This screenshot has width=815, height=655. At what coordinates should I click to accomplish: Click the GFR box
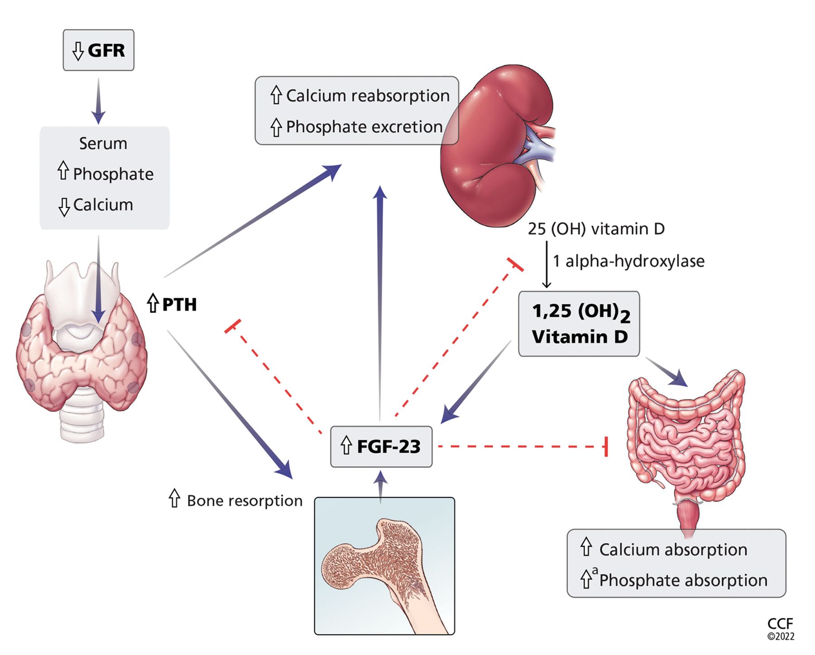98,50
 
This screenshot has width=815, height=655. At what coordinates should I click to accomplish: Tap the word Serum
103,143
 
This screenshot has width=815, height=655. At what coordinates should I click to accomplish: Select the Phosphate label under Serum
113,174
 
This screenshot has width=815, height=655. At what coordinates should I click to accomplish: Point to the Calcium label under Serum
103,205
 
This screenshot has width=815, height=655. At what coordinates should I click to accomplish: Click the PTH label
179,305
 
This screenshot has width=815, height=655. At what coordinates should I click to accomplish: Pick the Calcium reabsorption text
368,96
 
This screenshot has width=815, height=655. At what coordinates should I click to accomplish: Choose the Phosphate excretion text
364,127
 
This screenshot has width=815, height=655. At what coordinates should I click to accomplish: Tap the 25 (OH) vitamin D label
596,229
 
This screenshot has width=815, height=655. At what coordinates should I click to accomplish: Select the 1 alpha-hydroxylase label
628,261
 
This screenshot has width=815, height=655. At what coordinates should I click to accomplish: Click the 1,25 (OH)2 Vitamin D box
579,324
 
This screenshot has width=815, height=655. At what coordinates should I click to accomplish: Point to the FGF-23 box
381,447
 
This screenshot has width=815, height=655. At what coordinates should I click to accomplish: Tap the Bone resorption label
244,501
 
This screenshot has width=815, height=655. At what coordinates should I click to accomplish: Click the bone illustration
384,566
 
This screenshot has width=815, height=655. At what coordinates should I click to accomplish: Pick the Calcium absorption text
673,550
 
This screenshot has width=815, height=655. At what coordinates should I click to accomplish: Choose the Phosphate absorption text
683,581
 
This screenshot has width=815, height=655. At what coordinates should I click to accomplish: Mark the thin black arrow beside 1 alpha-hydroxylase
547,264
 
